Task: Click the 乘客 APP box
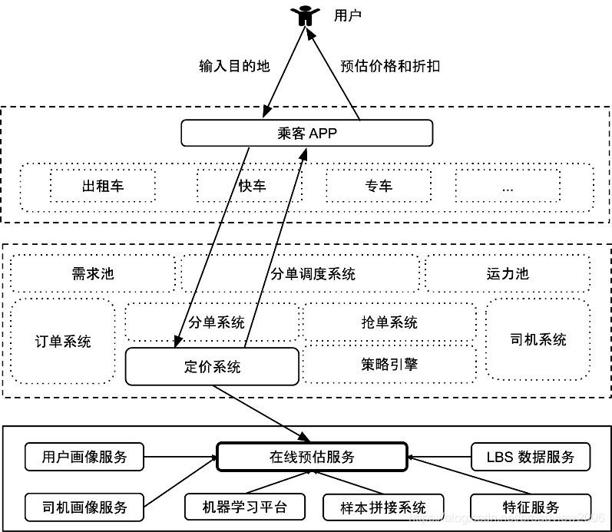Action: tap(306, 134)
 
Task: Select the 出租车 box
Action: tap(103, 186)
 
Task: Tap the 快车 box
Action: tap(251, 186)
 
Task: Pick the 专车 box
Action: tap(379, 186)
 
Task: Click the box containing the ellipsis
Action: tap(508, 187)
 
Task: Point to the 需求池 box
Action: tap(92, 274)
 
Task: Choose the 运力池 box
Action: tap(508, 274)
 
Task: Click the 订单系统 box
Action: tap(63, 341)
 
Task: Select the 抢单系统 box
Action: tap(389, 322)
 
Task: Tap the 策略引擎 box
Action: tap(389, 364)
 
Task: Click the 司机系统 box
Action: tap(538, 339)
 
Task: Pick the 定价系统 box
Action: tap(212, 366)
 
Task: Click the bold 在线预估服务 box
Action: tap(312, 457)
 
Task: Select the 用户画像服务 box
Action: tap(84, 458)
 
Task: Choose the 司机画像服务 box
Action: tap(84, 506)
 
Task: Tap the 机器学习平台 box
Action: tap(245, 506)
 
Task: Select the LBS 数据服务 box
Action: tap(531, 457)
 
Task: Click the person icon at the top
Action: tap(305, 15)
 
